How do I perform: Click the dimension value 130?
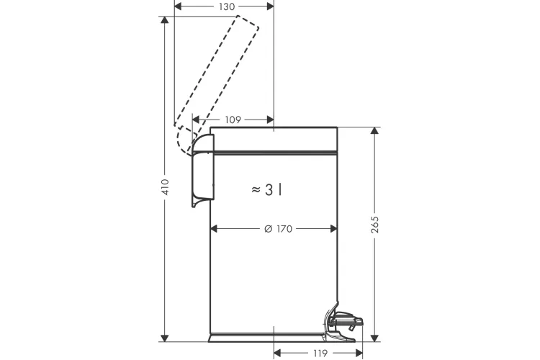pos(227,6)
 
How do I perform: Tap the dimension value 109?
pos(233,120)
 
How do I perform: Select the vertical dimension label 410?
pos(166,187)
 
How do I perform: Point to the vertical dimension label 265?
pos(375,225)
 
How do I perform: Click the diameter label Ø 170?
pos(278,229)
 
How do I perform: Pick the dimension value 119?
pos(320,353)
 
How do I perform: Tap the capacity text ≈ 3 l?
pos(267,189)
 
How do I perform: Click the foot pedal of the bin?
pos(344,320)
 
